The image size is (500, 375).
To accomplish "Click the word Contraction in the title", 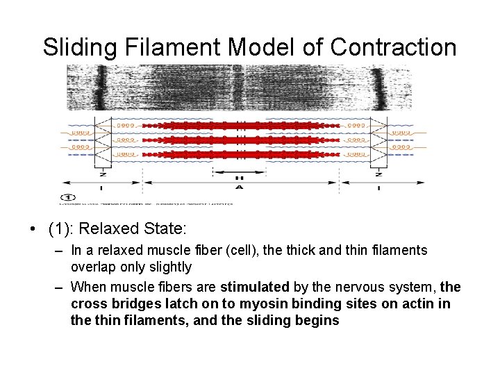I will point(393,47).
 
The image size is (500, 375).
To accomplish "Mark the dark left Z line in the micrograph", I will point(101,87).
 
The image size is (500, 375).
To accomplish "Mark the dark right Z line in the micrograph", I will point(379,87).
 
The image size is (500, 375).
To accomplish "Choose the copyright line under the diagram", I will point(146,203).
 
